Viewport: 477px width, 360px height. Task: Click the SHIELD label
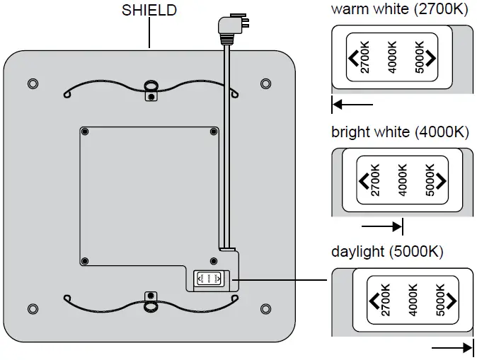[149, 11]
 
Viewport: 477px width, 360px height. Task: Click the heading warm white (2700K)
[400, 11]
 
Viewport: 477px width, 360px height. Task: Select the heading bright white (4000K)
[400, 132]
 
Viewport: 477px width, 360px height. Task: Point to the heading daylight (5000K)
[388, 252]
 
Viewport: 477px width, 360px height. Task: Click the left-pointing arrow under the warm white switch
[352, 105]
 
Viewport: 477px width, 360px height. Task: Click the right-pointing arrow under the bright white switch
[382, 226]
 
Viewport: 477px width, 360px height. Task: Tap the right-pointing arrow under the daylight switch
[452, 347]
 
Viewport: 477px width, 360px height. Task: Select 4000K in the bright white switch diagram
[403, 180]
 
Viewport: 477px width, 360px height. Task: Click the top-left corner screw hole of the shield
[33, 84]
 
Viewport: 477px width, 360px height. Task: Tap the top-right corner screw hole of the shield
[265, 84]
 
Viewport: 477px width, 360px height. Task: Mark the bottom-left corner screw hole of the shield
[33, 308]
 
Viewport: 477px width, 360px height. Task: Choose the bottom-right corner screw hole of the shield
[265, 308]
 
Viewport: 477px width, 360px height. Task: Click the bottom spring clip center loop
[150, 305]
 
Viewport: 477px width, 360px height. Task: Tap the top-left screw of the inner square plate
[85, 132]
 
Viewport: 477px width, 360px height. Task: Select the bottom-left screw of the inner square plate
[85, 261]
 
